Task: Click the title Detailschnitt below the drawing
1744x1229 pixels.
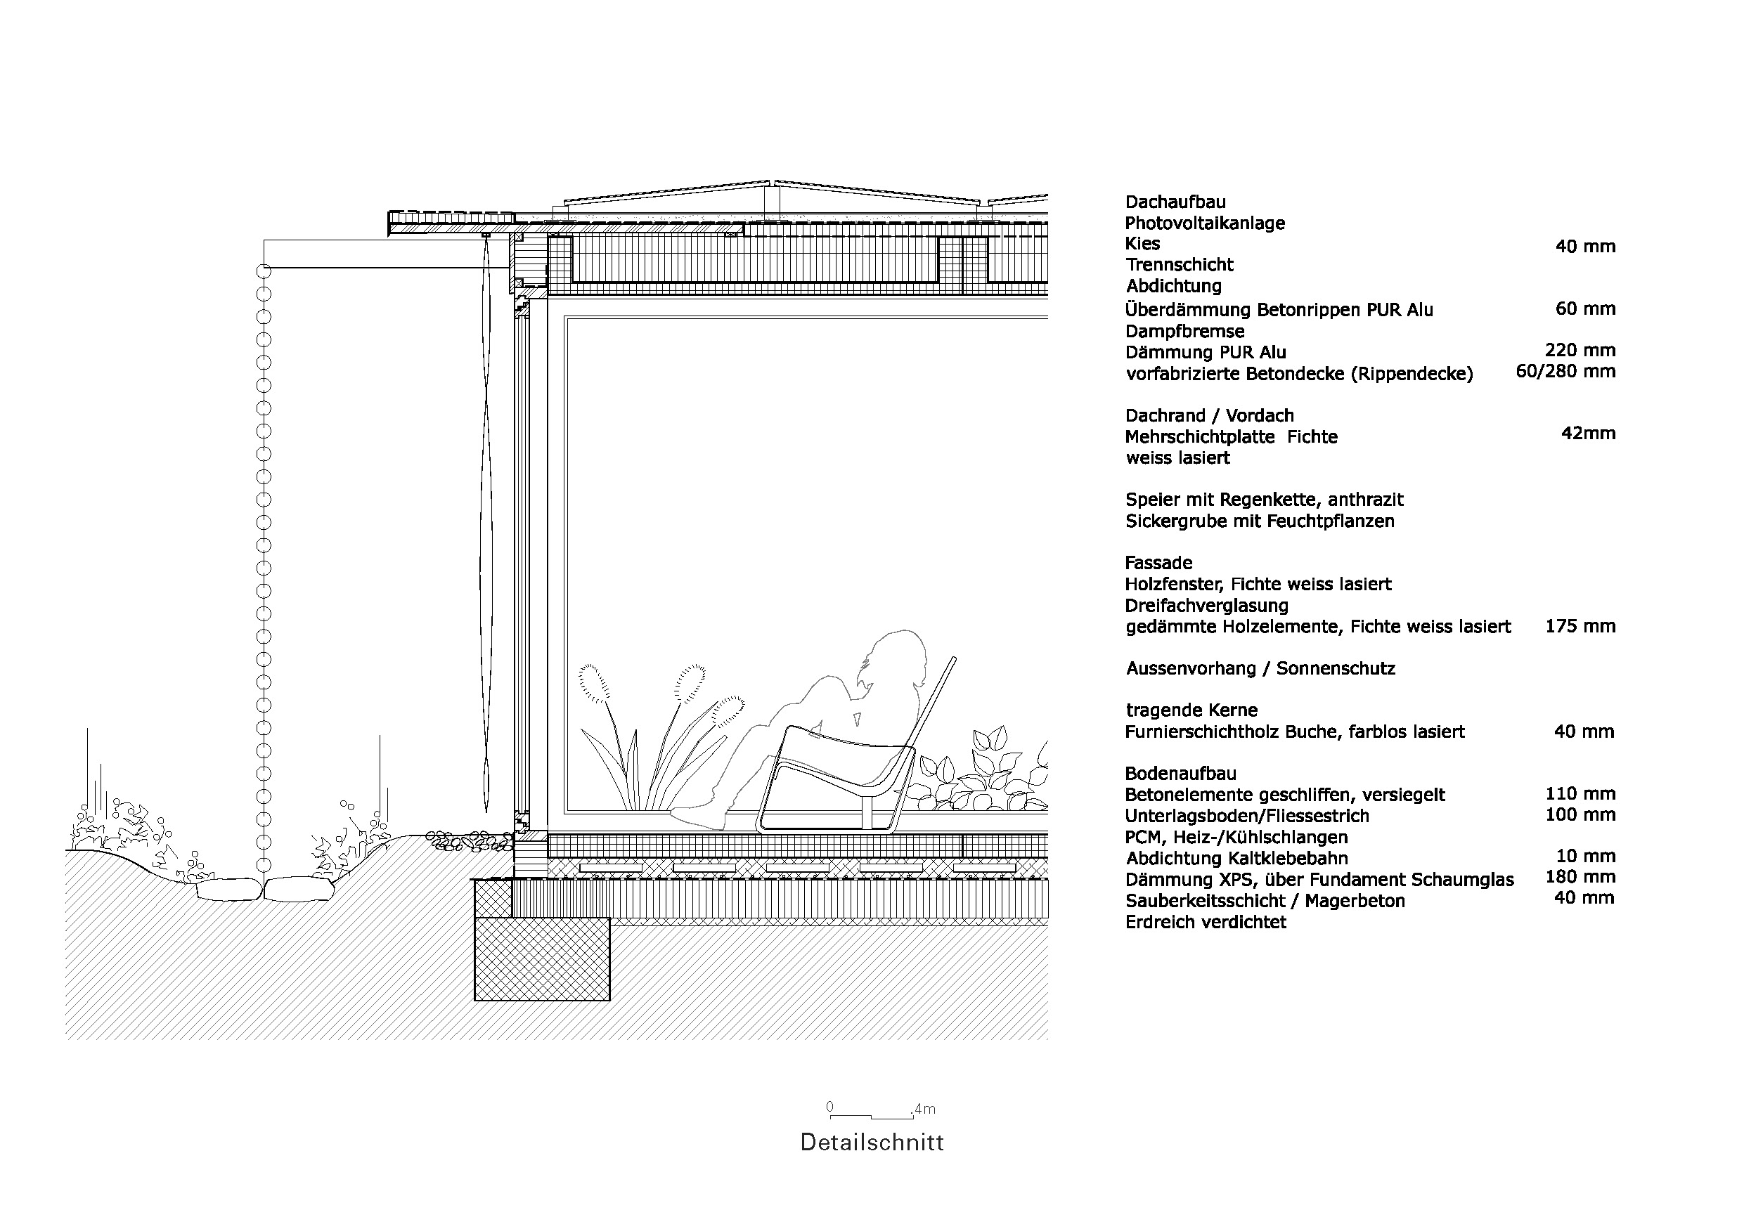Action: pos(872,1143)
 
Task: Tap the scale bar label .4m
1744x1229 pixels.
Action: pos(924,1109)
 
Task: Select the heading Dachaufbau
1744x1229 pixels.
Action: pos(1175,202)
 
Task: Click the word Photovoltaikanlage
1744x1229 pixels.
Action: pos(1205,223)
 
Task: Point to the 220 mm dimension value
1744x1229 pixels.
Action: pos(1580,350)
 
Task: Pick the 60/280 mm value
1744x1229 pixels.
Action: pos(1565,371)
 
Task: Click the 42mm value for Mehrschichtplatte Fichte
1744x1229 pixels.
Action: pos(1588,434)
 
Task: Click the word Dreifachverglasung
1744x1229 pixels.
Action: pos(1206,606)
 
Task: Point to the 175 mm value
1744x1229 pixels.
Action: pos(1580,626)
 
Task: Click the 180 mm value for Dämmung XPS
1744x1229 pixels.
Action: pos(1580,877)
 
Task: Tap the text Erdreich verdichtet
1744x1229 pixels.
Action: pos(1206,923)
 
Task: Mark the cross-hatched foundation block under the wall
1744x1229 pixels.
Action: pos(541,958)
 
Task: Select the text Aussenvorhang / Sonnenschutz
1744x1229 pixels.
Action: pos(1260,669)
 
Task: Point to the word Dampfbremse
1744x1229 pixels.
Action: pos(1185,332)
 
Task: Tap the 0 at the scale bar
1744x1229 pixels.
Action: pos(829,1107)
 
